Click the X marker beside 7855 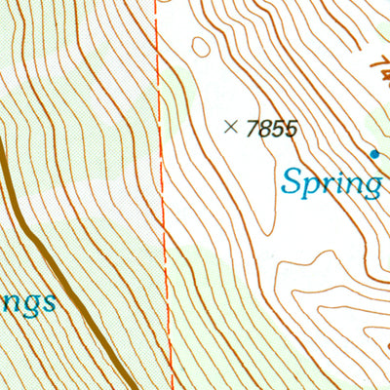[x=231, y=126]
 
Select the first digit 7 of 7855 [x=253, y=128]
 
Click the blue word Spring [x=331, y=182]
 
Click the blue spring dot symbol [x=373, y=153]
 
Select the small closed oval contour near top [x=200, y=45]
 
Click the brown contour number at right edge [x=378, y=68]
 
